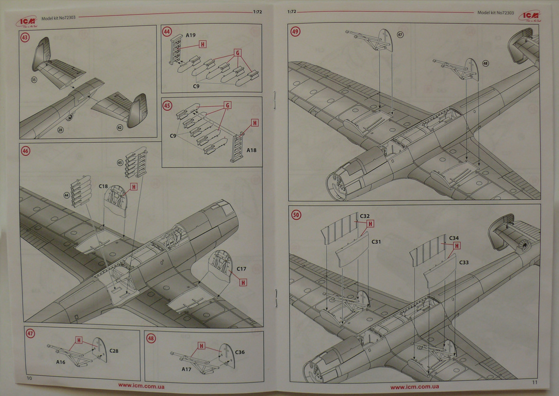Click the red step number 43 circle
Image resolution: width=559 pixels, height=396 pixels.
point(25,38)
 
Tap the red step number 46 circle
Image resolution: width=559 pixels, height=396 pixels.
point(26,151)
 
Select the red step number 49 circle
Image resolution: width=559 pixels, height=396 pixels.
point(295,32)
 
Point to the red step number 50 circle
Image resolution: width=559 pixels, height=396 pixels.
point(296,215)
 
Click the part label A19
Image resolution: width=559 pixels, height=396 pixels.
point(190,35)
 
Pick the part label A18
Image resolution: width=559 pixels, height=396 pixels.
point(251,150)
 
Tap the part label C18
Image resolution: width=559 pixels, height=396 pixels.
point(103,186)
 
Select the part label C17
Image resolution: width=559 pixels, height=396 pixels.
point(241,269)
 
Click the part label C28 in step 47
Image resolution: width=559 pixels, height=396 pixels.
point(114,351)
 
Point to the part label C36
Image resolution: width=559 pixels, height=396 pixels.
point(240,352)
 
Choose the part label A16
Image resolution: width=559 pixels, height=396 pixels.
point(60,362)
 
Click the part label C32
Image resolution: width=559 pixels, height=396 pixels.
point(365,216)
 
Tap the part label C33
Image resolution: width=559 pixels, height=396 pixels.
point(464,263)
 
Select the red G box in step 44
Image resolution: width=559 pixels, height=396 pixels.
point(238,53)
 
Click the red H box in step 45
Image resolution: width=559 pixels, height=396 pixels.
point(254,123)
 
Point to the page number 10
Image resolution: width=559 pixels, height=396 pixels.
point(29,378)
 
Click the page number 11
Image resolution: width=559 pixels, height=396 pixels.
point(535,382)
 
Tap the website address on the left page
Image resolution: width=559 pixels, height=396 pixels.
point(141,386)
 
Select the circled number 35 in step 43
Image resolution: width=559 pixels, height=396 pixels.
point(34,80)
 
